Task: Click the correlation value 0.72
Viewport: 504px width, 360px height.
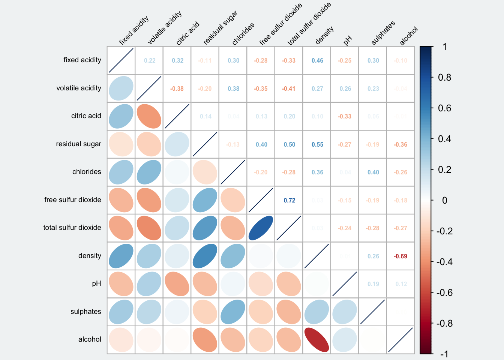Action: coord(289,200)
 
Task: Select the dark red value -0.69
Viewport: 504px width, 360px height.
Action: coord(400,256)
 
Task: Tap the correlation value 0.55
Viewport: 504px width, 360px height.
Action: coord(317,144)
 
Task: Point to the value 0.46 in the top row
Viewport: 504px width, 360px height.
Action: coord(317,60)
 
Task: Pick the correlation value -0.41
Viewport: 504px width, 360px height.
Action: coord(289,88)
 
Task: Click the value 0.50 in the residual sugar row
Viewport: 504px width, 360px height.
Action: coord(289,144)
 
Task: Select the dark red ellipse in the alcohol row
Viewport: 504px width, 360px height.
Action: coord(317,340)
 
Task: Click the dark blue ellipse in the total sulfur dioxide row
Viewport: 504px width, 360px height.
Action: coord(261,228)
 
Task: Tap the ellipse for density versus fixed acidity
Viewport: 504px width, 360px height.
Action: coord(121,256)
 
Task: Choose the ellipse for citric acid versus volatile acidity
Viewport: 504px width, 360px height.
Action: coord(149,116)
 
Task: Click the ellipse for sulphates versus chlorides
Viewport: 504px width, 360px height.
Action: coord(233,312)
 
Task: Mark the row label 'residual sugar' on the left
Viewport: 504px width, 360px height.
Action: coord(78,144)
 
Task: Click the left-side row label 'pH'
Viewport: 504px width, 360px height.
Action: coord(96,283)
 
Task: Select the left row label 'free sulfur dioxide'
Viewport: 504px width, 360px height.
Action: coord(73,200)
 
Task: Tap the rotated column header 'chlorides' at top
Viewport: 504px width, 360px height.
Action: coord(243,34)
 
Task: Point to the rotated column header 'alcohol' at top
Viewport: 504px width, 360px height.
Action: coord(409,36)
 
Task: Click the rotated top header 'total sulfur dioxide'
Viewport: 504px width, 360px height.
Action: coord(309,24)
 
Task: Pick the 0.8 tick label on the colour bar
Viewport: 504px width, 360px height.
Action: coord(444,78)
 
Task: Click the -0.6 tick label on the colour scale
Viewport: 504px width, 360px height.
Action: coord(444,292)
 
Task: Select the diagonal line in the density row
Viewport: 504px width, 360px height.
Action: coord(317,256)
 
